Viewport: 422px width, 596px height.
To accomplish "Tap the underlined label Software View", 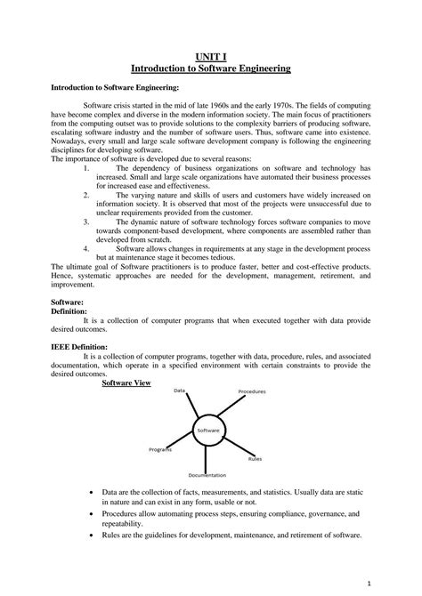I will coord(126,383).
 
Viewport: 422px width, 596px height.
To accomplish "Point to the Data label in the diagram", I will coord(179,391).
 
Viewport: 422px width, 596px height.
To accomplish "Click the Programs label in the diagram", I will coord(160,449).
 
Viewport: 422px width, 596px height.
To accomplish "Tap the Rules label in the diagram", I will coord(255,459).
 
